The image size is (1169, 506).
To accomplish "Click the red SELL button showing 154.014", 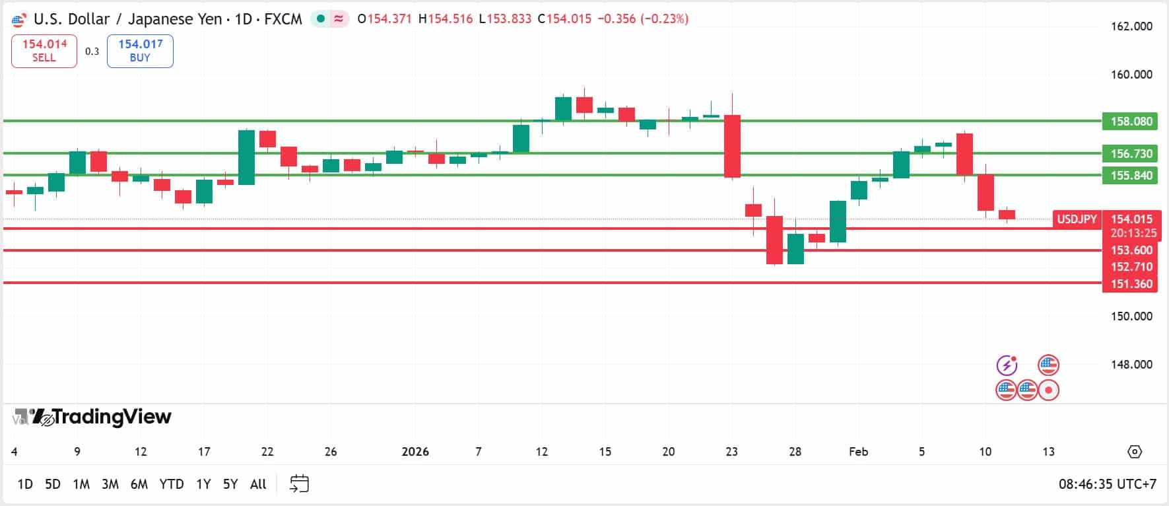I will (44, 51).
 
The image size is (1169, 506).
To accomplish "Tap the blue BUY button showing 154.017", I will (140, 51).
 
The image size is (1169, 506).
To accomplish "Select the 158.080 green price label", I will (1131, 122).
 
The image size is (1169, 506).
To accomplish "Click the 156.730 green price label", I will (1131, 154).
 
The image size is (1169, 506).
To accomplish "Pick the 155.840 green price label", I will (1131, 176).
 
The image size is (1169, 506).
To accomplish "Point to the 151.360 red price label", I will (1131, 284).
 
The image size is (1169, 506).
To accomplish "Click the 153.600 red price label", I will (1131, 250).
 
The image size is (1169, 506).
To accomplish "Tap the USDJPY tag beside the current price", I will (1077, 219).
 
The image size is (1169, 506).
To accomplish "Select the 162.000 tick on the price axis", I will (1131, 26).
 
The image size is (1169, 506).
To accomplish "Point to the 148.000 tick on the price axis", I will (1131, 365).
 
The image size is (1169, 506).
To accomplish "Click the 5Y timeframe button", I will (230, 484).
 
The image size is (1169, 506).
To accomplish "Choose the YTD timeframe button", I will (172, 484).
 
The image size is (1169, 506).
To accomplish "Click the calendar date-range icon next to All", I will (299, 484).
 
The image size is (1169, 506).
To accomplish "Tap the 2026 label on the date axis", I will (415, 452).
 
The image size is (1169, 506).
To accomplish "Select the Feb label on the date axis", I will (858, 452).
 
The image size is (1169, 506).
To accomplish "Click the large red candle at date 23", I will (732, 147).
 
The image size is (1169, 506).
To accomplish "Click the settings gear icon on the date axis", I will (1134, 452).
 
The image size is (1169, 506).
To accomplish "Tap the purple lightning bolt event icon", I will (1007, 365).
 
